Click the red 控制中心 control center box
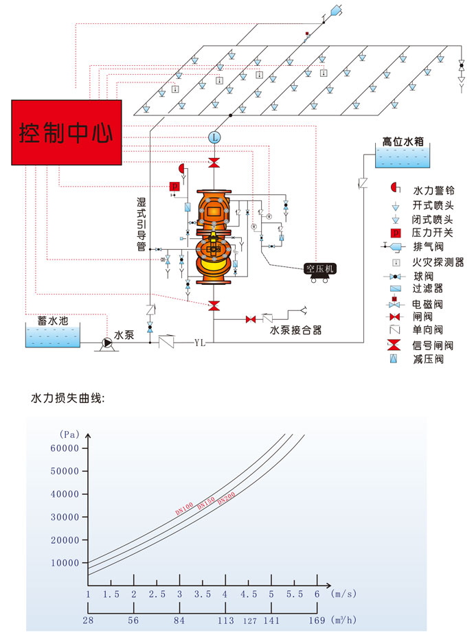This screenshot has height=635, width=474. pos(66,132)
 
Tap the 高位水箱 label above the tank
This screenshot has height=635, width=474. pos(403,141)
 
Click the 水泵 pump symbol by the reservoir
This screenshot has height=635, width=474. pos(106,340)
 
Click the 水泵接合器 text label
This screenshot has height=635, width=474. pos(295,330)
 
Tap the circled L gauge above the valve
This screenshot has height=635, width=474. pos(214,137)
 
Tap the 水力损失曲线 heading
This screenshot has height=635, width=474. pos(67,397)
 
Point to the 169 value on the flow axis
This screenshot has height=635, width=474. pos(317,621)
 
